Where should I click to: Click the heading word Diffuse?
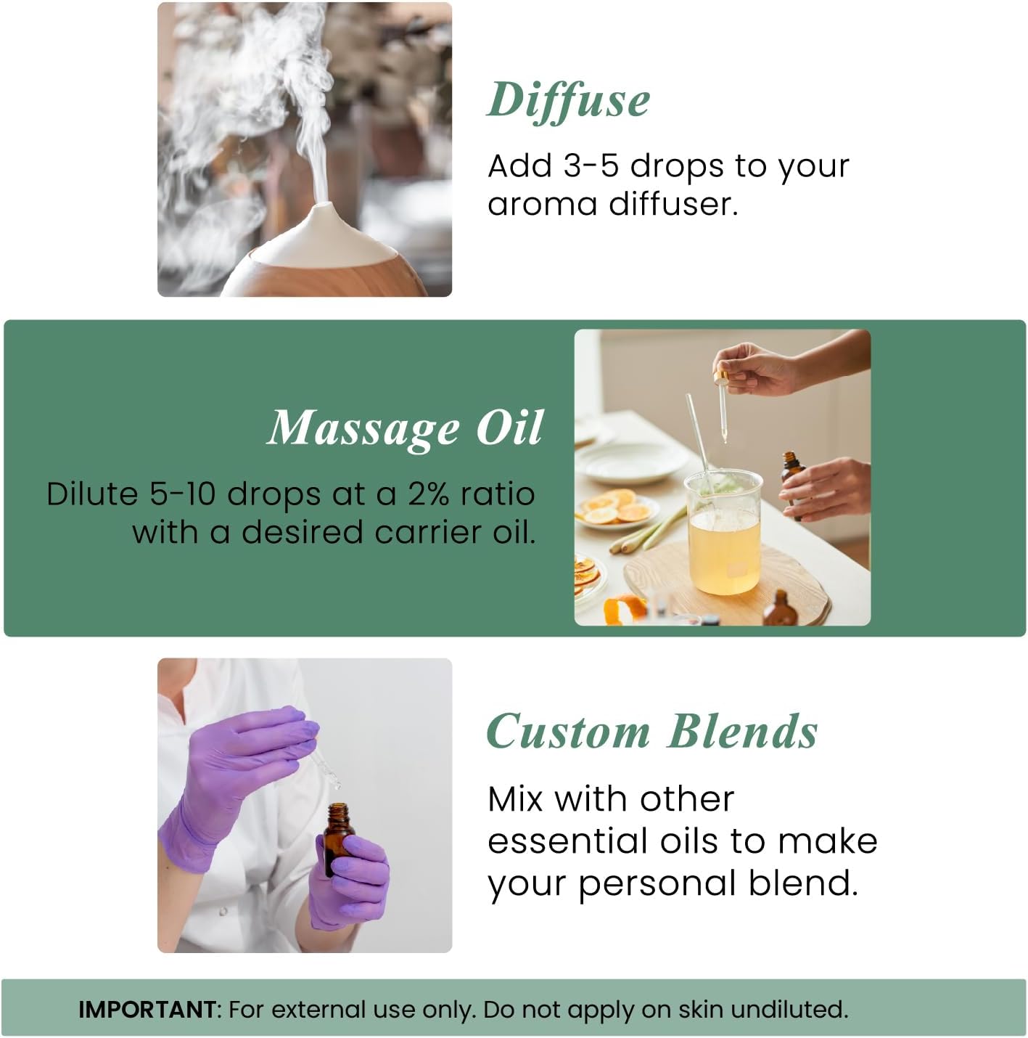pyautogui.click(x=568, y=99)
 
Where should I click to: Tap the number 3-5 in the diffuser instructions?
pyautogui.click(x=591, y=165)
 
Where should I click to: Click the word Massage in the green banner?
pyautogui.click(x=363, y=428)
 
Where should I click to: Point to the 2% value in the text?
pyautogui.click(x=428, y=494)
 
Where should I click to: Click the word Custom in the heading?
pyautogui.click(x=568, y=731)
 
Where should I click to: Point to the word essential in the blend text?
pyautogui.click(x=567, y=841)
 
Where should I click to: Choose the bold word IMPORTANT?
pyautogui.click(x=147, y=1010)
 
